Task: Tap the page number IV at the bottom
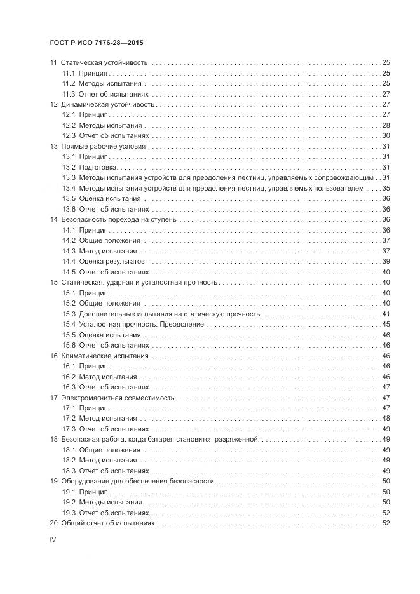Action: [53, 540]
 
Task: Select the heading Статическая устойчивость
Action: [104, 63]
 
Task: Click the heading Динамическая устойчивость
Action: [107, 104]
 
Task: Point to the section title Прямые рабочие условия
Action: [103, 146]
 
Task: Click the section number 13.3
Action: [69, 177]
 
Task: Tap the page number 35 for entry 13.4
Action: [385, 188]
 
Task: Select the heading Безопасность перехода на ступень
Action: [118, 219]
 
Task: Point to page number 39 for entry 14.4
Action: [385, 261]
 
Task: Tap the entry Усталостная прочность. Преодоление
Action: [141, 324]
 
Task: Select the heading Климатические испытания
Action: [104, 356]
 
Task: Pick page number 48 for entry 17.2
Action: [385, 418]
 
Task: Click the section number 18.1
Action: [69, 450]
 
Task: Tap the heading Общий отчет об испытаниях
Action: [107, 523]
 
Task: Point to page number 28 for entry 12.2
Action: [385, 125]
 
